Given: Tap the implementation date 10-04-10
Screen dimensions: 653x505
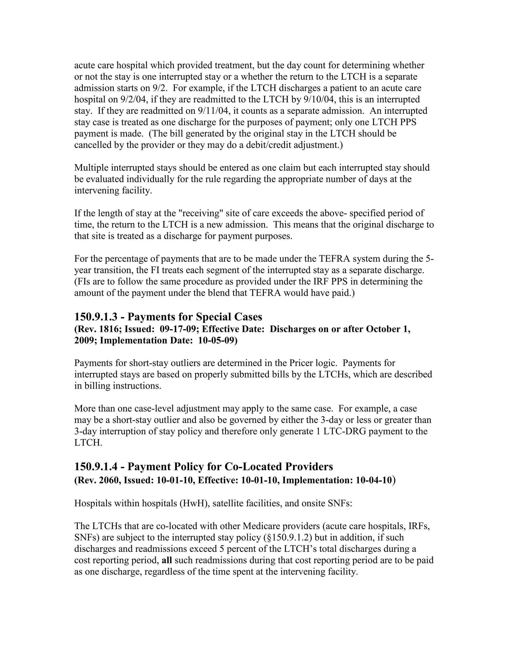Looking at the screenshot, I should pos(374,480).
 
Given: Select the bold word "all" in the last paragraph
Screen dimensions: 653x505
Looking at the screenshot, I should pos(167,560).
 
